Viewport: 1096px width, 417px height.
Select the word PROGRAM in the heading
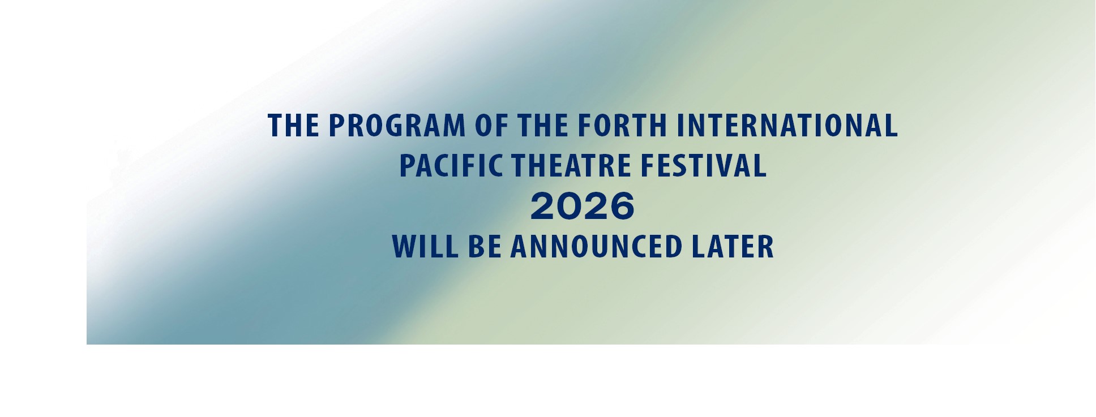[x=396, y=126]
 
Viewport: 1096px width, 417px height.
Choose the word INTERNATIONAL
[x=787, y=126]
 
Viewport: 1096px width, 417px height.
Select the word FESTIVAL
[x=704, y=166]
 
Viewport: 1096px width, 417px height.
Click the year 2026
[x=583, y=206]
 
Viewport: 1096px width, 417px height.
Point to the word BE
[x=485, y=247]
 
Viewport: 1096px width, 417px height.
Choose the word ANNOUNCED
[x=596, y=247]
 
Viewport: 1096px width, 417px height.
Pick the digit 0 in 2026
[x=569, y=206]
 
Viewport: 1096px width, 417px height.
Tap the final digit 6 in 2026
[x=622, y=206]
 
